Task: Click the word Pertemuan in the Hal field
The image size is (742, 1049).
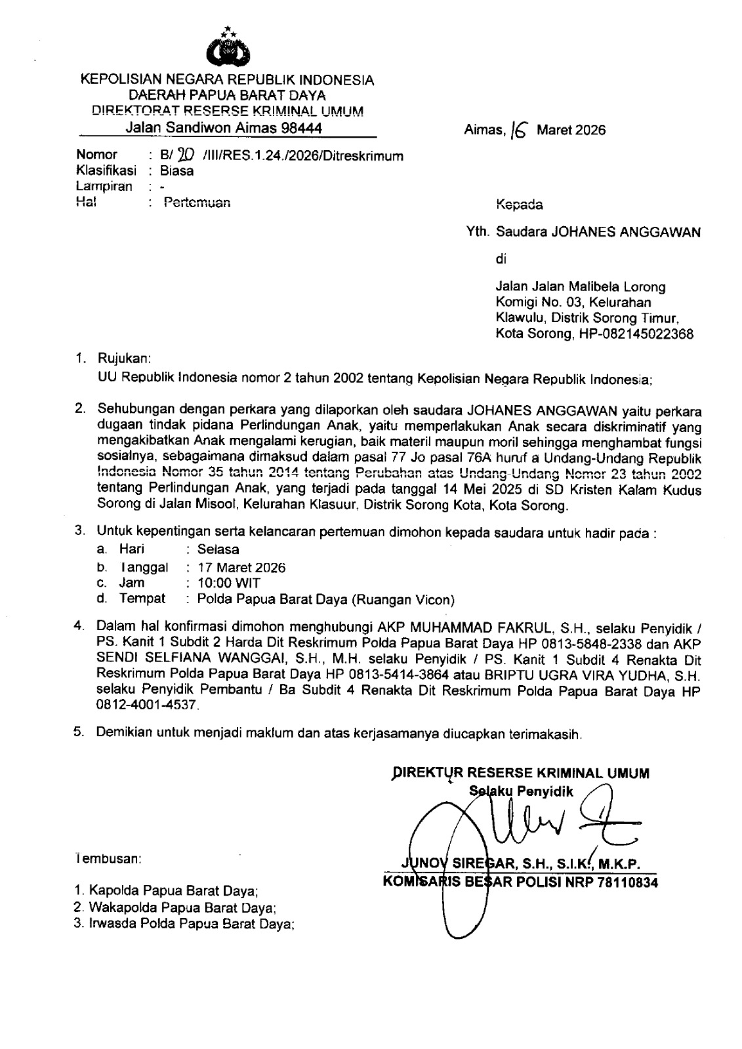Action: [197, 203]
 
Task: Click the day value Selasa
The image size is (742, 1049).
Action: [218, 549]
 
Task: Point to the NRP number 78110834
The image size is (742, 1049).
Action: [627, 882]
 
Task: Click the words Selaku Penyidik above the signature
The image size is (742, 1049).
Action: [522, 791]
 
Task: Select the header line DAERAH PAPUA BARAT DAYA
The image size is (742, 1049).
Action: [227, 96]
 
